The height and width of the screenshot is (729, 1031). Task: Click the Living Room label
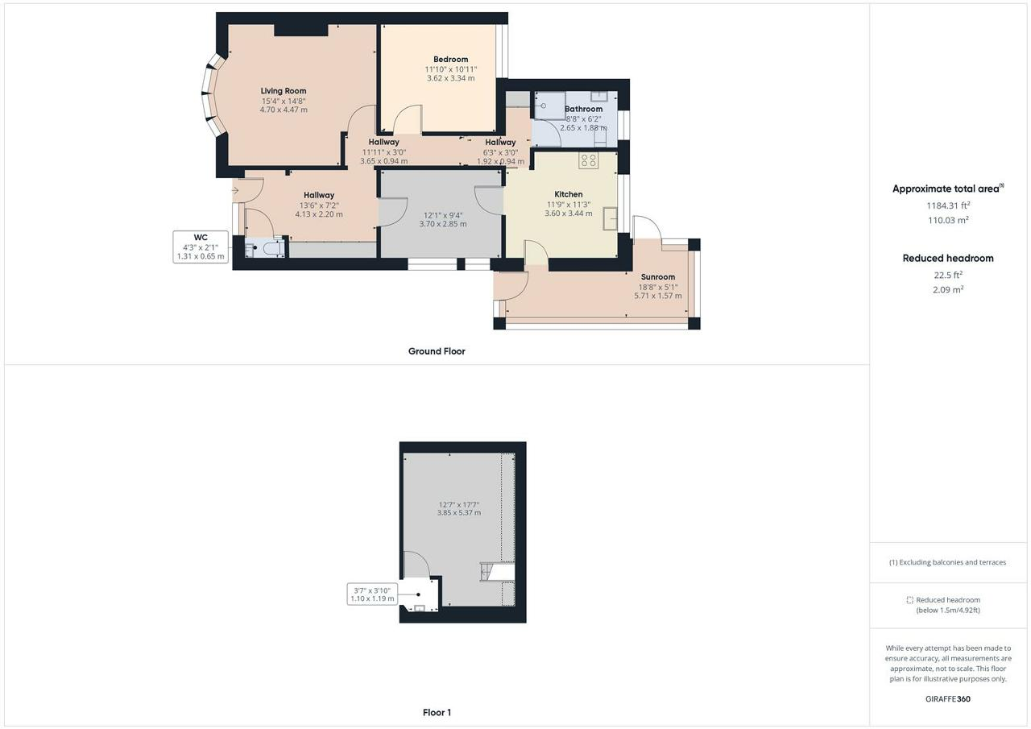click(x=284, y=91)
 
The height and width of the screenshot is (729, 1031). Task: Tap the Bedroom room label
click(x=450, y=59)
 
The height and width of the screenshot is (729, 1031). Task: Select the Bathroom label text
click(x=583, y=109)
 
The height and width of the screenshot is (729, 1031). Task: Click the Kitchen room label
click(x=568, y=194)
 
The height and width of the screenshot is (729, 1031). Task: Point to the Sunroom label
click(x=657, y=277)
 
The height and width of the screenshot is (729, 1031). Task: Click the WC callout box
click(x=201, y=247)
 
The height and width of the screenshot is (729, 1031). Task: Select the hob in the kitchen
click(x=588, y=160)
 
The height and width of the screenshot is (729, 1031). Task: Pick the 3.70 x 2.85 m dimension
click(x=442, y=224)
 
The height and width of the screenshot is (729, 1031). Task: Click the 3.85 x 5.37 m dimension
click(x=459, y=512)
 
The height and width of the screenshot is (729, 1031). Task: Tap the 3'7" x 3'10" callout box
click(x=371, y=594)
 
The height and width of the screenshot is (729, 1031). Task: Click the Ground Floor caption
click(x=437, y=351)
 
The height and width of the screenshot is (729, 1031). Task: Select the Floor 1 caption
click(x=437, y=712)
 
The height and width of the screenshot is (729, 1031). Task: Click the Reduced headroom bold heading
click(x=948, y=259)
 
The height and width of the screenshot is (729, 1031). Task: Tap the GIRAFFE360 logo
click(x=947, y=699)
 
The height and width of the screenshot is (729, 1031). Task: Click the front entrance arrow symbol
click(x=235, y=191)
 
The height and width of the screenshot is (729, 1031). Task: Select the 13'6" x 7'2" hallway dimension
click(x=319, y=205)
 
